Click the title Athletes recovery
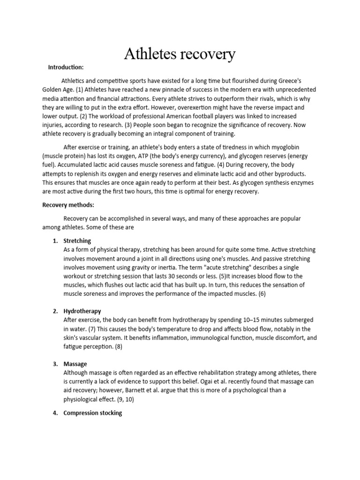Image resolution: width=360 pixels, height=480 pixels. (180, 54)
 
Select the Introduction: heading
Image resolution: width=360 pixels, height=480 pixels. (66, 67)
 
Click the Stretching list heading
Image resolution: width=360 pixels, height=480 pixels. (77, 240)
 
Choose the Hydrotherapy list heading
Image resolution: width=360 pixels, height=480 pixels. (82, 311)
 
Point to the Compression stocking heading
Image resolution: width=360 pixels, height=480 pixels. (92, 413)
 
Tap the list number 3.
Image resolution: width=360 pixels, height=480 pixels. (55, 364)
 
